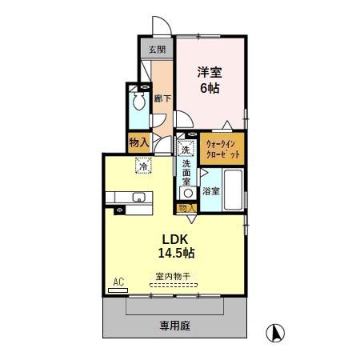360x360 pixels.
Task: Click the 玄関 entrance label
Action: point(156,50)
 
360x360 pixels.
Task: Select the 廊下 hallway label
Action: point(160,98)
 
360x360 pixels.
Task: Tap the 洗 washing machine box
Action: point(185,148)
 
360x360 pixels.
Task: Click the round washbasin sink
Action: point(188,192)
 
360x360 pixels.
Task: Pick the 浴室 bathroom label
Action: point(210,190)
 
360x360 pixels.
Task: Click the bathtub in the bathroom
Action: point(233,190)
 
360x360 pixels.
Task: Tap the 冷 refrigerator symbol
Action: point(142,166)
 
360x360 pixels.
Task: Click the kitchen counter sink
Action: point(139,197)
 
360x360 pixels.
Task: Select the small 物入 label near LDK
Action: point(186,207)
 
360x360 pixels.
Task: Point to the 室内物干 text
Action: point(173,276)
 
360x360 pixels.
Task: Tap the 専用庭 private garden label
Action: point(174,326)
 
